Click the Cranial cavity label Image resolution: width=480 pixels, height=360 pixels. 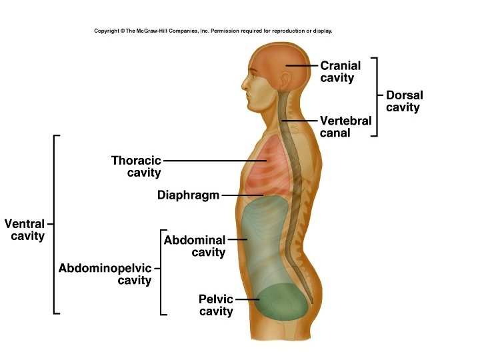pyautogui.click(x=340, y=71)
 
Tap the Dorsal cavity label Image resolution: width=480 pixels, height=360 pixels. pyautogui.click(x=404, y=101)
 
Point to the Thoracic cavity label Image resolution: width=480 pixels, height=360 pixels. pyautogui.click(x=137, y=167)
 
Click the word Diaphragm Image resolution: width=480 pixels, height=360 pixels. pyautogui.click(x=188, y=195)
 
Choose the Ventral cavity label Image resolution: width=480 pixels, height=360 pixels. pyautogui.click(x=25, y=230)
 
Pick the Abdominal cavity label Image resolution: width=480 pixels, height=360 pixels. pyautogui.click(x=195, y=246)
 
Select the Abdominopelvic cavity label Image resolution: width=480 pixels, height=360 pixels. pyautogui.click(x=105, y=274)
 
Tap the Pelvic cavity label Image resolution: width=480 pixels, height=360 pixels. pyautogui.click(x=216, y=305)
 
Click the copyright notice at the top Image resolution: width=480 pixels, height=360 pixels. pyautogui.click(x=213, y=31)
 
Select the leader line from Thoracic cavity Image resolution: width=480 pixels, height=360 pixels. pyautogui.click(x=213, y=161)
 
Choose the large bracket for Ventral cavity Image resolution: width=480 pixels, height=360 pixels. pyautogui.click(x=54, y=224)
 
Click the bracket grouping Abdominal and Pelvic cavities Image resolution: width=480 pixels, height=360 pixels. pyautogui.click(x=161, y=272)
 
